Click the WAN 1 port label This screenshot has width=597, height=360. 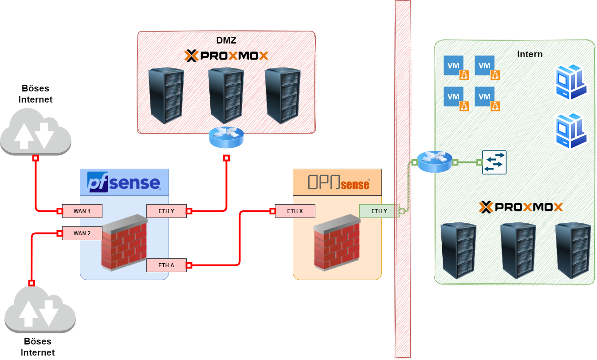point(82,211)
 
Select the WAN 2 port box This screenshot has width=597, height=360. point(82,233)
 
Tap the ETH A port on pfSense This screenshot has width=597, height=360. point(166,265)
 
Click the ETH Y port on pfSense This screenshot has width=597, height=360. point(166,211)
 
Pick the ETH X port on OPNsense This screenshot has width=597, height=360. point(295,211)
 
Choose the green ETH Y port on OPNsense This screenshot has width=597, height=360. point(379,211)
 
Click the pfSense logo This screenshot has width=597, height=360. point(124,182)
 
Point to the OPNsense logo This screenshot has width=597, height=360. point(338,182)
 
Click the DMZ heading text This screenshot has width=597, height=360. point(226,40)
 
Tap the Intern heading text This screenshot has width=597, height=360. point(530,54)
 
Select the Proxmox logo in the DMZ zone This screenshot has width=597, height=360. point(226,55)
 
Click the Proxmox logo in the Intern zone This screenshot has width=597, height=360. point(521,207)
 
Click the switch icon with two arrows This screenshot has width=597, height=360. point(494,162)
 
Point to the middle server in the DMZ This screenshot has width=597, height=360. point(226,95)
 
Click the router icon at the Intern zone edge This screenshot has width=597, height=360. point(435,162)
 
